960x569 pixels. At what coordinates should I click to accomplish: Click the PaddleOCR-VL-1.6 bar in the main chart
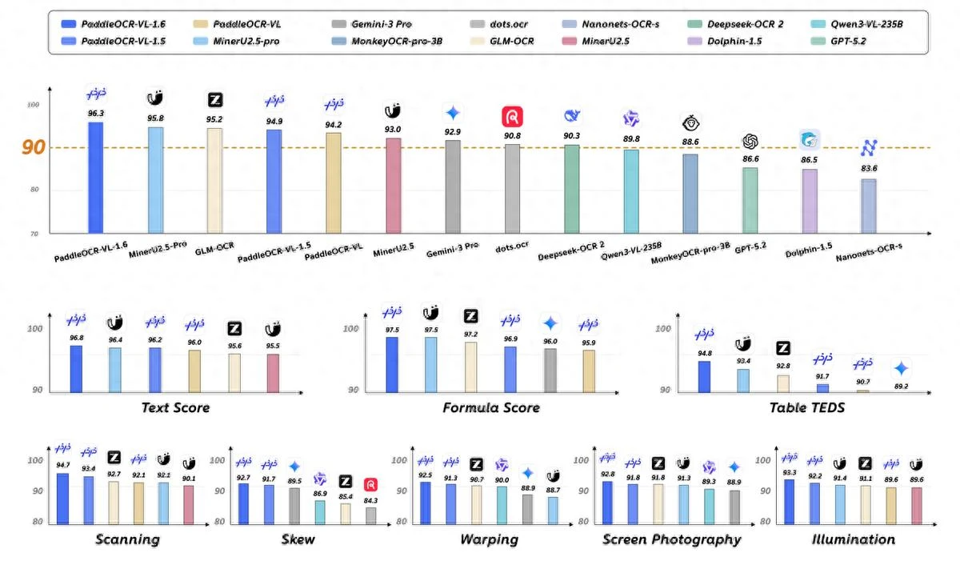pos(95,178)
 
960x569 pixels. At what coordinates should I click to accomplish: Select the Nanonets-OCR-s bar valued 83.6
pos(869,206)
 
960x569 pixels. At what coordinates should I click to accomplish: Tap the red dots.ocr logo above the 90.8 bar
pos(512,117)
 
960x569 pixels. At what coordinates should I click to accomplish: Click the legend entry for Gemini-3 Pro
pos(371,24)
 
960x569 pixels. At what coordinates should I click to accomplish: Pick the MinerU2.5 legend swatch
pos(569,41)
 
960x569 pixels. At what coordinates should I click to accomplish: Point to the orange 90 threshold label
pos(34,147)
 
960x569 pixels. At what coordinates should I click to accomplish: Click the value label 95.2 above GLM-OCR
pos(214,119)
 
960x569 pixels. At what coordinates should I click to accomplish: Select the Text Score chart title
pos(176,407)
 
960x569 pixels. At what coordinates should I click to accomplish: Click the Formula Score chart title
pos(491,407)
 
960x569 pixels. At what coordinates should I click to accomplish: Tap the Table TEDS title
pos(807,407)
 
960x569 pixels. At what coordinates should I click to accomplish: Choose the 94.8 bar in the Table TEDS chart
pos(704,377)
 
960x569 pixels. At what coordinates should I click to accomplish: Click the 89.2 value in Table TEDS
pos(902,387)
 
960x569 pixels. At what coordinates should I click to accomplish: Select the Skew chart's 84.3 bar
pos(370,516)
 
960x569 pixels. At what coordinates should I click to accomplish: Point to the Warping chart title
pos(490,539)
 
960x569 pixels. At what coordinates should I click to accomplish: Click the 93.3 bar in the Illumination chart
pos(789,502)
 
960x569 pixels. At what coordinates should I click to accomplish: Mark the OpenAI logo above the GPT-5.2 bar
pos(750,141)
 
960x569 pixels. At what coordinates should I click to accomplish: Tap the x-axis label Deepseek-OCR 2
pos(571,250)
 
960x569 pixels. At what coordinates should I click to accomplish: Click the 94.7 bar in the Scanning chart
pos(62,499)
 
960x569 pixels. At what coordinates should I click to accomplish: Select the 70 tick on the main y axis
pos(34,234)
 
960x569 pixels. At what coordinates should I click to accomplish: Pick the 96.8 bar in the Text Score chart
pos(76,369)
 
